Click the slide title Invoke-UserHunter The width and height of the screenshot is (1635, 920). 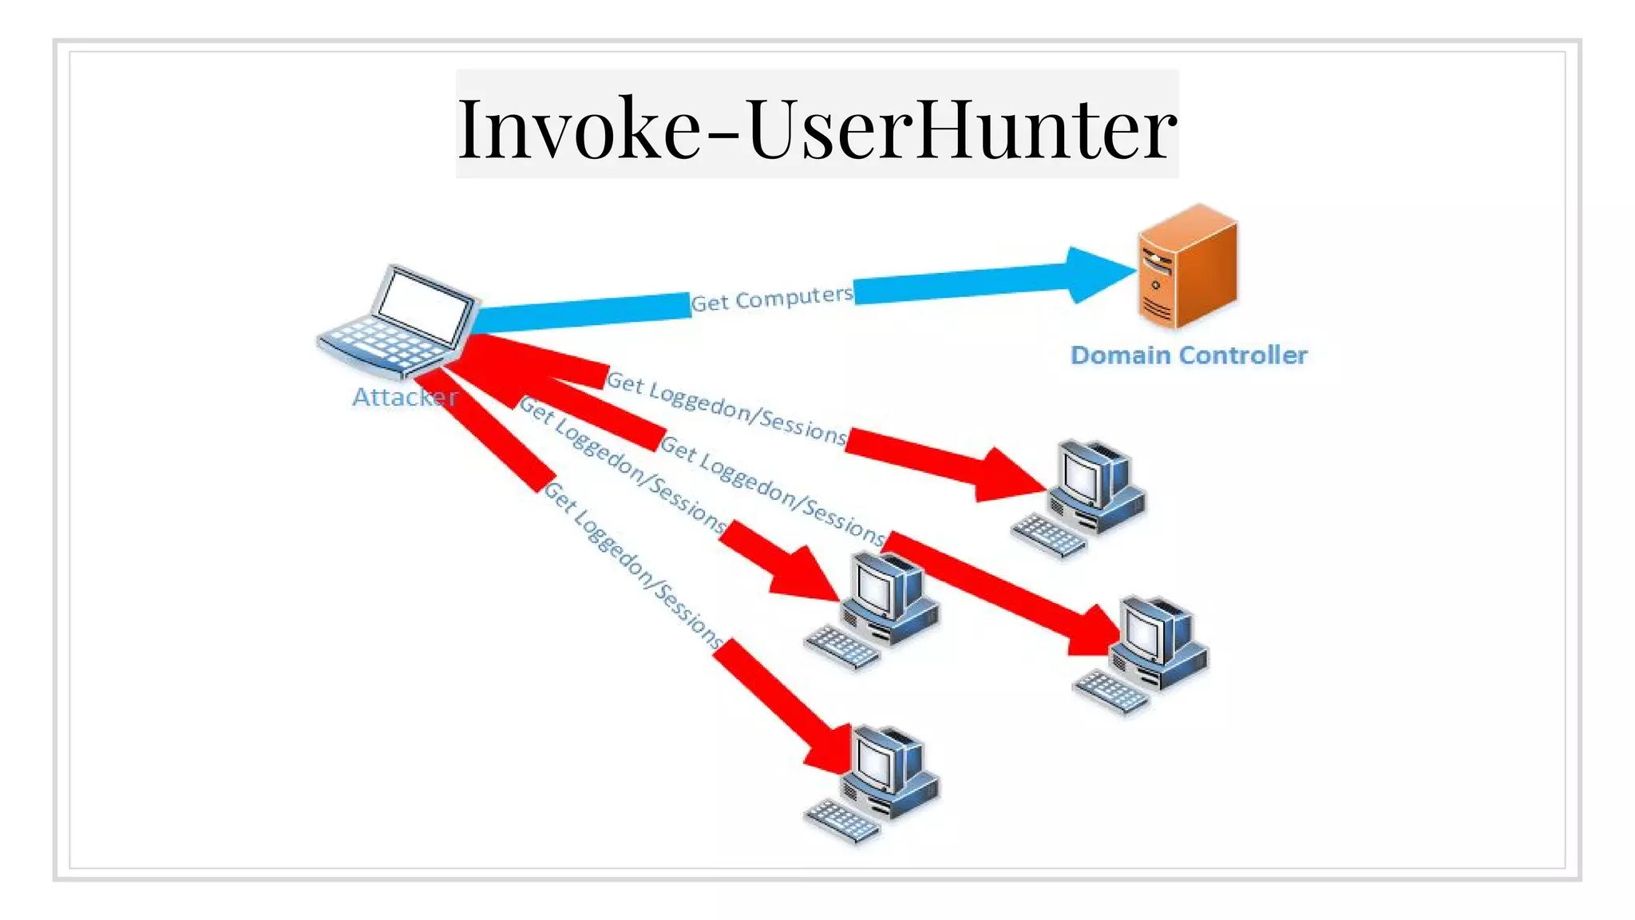817,126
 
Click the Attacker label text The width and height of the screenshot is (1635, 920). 405,397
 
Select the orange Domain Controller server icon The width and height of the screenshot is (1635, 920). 1188,268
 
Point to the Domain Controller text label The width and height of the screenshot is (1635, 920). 1188,355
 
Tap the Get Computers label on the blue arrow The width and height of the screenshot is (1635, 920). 771,299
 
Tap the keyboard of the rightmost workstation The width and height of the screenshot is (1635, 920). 1111,691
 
